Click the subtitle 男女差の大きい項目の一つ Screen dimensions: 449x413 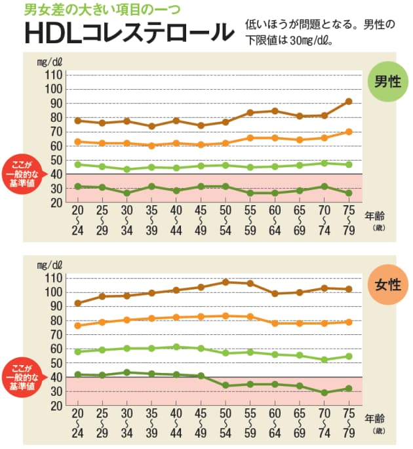coord(102,9)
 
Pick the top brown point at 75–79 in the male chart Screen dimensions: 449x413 coord(349,102)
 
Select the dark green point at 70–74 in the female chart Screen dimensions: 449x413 coord(324,393)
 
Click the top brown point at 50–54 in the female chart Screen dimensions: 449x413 coord(225,283)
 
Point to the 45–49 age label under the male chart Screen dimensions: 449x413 coord(201,221)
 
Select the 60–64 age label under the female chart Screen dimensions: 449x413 coord(275,423)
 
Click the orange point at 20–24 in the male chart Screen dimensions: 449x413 coord(77,142)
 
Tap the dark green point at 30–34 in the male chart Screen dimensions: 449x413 coord(127,193)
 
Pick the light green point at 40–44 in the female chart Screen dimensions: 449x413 coord(176,347)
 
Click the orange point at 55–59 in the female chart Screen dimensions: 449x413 coord(250,317)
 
